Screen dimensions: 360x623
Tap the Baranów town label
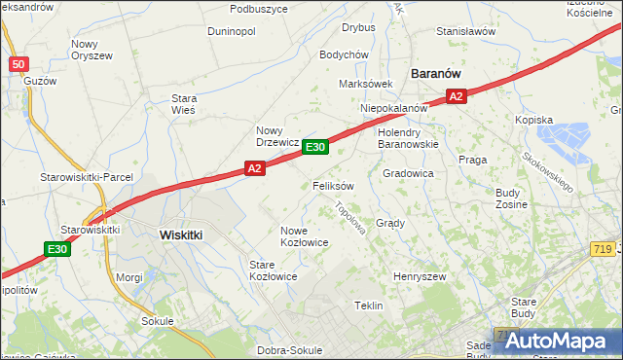tap(436, 73)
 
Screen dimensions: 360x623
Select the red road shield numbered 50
tap(18, 64)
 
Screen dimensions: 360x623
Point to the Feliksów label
tap(333, 185)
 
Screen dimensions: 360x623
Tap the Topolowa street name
tap(348, 218)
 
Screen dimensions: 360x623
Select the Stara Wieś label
tap(184, 104)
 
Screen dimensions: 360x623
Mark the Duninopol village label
tap(232, 31)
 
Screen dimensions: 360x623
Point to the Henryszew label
tap(419, 277)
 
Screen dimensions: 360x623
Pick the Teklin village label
tap(368, 306)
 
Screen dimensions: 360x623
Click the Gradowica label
tap(408, 173)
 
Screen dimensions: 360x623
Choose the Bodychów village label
tap(343, 54)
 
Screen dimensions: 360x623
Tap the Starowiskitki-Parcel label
tap(78, 177)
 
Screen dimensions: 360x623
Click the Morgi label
tap(129, 277)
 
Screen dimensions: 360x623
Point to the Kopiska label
tap(533, 121)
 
